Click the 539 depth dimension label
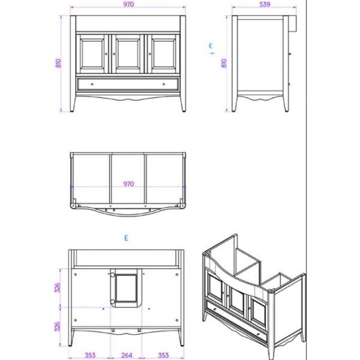pyautogui.click(x=265, y=4)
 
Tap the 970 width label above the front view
pyautogui.click(x=128, y=4)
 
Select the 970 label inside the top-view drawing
pyautogui.click(x=128, y=184)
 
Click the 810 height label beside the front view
pyautogui.click(x=58, y=63)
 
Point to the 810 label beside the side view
pyautogui.click(x=224, y=63)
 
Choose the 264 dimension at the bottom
pyautogui.click(x=127, y=355)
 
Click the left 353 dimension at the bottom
pyautogui.click(x=90, y=355)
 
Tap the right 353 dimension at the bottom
pyautogui.click(x=163, y=355)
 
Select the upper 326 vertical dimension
pyautogui.click(x=57, y=287)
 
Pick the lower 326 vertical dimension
pyautogui.click(x=57, y=326)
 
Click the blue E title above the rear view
pyautogui.click(x=126, y=238)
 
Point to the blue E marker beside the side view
pyautogui.click(x=211, y=46)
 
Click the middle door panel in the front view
pyautogui.click(x=128, y=54)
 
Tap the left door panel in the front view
pyautogui.click(x=92, y=54)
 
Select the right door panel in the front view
pyautogui.click(x=164, y=54)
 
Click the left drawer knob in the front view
pyautogui.click(x=92, y=84)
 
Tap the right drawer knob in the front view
pyautogui.click(x=164, y=84)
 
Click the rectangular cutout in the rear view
pyautogui.click(x=126, y=288)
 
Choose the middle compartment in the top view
pyautogui.click(x=128, y=179)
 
